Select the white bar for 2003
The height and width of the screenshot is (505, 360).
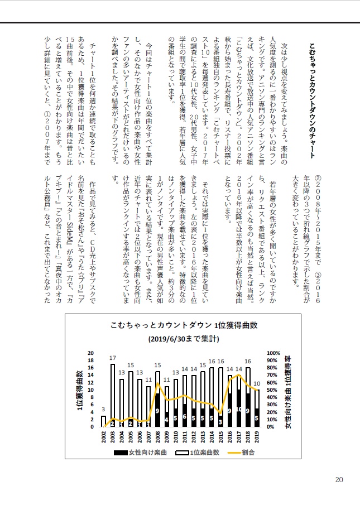click(113, 391)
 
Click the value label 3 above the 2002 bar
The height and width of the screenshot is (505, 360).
click(103, 410)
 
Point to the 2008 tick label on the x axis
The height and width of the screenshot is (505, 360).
click(158, 437)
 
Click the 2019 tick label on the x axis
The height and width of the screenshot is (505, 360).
click(257, 437)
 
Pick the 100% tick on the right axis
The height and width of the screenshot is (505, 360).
click(273, 353)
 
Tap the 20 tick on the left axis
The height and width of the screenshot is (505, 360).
click(92, 353)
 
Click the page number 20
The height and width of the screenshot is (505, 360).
click(339, 479)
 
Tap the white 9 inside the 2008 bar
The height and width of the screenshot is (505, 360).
click(158, 411)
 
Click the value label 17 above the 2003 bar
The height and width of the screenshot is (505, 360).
click(113, 358)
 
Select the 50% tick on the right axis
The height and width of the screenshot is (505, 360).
click(273, 389)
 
